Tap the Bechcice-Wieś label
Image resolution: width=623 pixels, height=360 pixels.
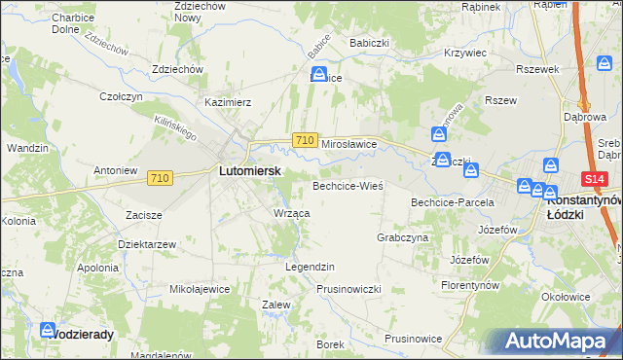click(x=348, y=184)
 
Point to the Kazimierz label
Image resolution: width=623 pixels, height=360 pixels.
click(x=229, y=101)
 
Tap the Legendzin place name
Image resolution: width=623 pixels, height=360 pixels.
click(x=310, y=266)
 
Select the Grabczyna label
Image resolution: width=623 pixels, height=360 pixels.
click(x=402, y=236)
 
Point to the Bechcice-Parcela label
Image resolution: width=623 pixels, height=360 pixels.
click(x=453, y=202)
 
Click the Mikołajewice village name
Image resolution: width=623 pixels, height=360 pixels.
click(x=200, y=289)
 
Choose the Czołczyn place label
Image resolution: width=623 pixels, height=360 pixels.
click(x=122, y=96)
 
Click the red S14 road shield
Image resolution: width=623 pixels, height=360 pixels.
click(x=595, y=179)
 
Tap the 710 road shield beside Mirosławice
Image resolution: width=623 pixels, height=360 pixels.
click(x=304, y=141)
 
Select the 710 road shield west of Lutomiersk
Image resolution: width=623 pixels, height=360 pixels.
click(x=161, y=178)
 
